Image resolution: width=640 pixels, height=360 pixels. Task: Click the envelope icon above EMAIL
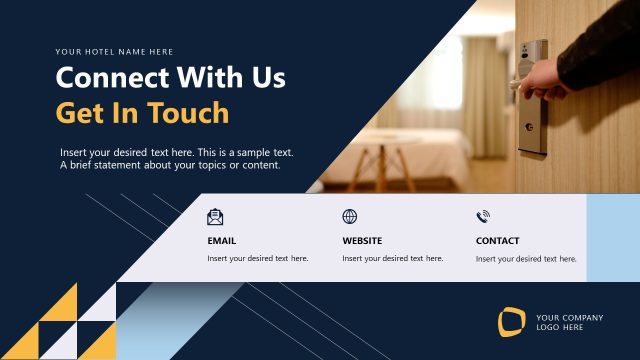[x=215, y=217]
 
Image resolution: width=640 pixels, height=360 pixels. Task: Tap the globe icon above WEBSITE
[x=349, y=217]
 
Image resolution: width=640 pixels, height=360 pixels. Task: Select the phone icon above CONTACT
[x=483, y=217]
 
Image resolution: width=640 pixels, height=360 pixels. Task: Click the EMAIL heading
[x=222, y=241]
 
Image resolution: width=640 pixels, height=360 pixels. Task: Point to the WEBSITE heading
[x=362, y=241]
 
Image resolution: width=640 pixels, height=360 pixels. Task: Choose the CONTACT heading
[x=497, y=241]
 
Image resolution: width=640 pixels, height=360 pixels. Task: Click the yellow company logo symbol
[x=512, y=322]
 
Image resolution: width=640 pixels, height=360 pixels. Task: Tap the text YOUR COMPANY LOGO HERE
[x=569, y=322]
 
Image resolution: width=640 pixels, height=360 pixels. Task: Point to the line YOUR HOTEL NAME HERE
[x=114, y=51]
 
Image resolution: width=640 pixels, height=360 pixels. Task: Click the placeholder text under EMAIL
[x=257, y=258]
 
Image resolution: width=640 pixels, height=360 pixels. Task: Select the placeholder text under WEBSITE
[x=392, y=258]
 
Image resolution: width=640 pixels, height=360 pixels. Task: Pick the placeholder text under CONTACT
[x=526, y=258]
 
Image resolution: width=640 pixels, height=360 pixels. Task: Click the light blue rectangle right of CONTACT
[x=612, y=238]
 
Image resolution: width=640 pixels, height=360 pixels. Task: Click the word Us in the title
[x=267, y=78]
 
